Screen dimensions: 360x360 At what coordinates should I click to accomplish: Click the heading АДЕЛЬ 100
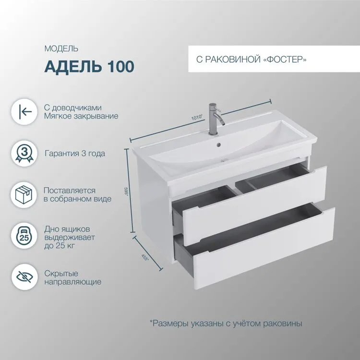[89, 66]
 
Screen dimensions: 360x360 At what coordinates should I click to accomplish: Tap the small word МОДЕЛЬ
[61, 48]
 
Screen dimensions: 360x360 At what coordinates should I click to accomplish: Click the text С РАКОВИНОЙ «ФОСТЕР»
[252, 60]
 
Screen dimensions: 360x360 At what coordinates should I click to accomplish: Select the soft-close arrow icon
[24, 112]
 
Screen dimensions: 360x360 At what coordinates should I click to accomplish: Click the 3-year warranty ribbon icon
[24, 154]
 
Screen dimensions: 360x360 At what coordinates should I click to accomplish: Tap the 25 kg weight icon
[24, 236]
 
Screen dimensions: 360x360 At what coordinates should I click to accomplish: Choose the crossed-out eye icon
[24, 277]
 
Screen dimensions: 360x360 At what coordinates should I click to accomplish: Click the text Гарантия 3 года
[75, 154]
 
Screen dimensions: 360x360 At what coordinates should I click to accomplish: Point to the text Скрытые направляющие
[73, 277]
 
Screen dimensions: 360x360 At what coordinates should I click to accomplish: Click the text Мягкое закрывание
[81, 116]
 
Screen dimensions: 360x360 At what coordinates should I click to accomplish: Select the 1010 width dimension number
[197, 117]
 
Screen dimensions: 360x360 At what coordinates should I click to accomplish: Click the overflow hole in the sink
[218, 144]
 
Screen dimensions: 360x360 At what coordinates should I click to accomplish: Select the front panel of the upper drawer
[254, 205]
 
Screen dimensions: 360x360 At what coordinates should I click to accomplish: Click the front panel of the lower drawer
[264, 249]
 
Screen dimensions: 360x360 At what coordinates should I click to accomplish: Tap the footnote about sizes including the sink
[226, 323]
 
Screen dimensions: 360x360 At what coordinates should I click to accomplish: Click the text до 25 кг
[60, 246]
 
